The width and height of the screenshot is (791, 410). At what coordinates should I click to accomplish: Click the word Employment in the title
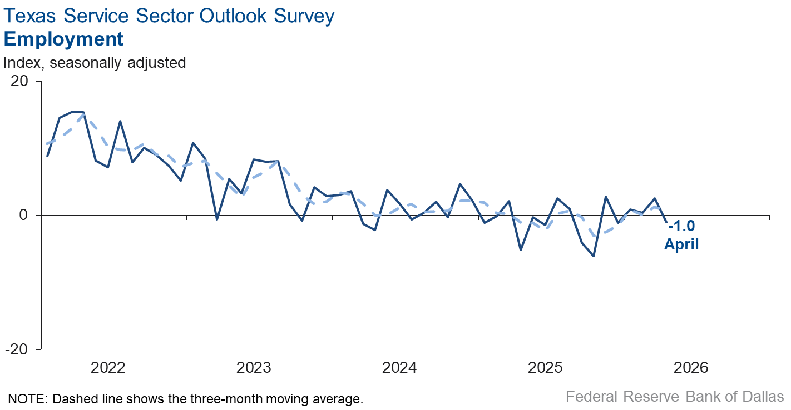pyautogui.click(x=63, y=39)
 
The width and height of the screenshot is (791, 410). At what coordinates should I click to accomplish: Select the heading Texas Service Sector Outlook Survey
pyautogui.click(x=169, y=16)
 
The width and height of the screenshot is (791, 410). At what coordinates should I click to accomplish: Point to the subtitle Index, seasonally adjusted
pyautogui.click(x=95, y=62)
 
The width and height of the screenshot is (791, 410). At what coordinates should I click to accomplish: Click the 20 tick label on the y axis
pyautogui.click(x=19, y=81)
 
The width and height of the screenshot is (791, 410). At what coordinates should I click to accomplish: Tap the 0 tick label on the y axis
pyautogui.click(x=23, y=215)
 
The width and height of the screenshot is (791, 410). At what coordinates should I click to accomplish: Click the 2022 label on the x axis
pyautogui.click(x=107, y=367)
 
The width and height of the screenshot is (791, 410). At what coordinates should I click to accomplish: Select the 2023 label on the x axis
pyautogui.click(x=254, y=367)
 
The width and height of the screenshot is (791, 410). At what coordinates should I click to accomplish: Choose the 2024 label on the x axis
pyautogui.click(x=399, y=367)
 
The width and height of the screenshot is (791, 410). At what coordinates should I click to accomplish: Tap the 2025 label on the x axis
pyautogui.click(x=546, y=367)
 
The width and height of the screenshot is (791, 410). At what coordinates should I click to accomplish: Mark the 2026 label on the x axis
pyautogui.click(x=691, y=367)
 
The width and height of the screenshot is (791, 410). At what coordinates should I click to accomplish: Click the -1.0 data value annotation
pyautogui.click(x=681, y=227)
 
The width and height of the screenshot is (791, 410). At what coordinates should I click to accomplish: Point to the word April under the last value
pyautogui.click(x=681, y=244)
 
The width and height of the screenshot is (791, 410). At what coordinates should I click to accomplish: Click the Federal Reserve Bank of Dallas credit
pyautogui.click(x=674, y=397)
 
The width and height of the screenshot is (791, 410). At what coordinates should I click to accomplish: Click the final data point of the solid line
pyautogui.click(x=667, y=222)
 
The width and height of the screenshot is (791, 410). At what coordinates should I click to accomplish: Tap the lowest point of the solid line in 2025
pyautogui.click(x=594, y=256)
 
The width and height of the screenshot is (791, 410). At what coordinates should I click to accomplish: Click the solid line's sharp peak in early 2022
pyautogui.click(x=120, y=121)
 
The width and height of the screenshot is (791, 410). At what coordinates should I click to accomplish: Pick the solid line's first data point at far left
pyautogui.click(x=47, y=156)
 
